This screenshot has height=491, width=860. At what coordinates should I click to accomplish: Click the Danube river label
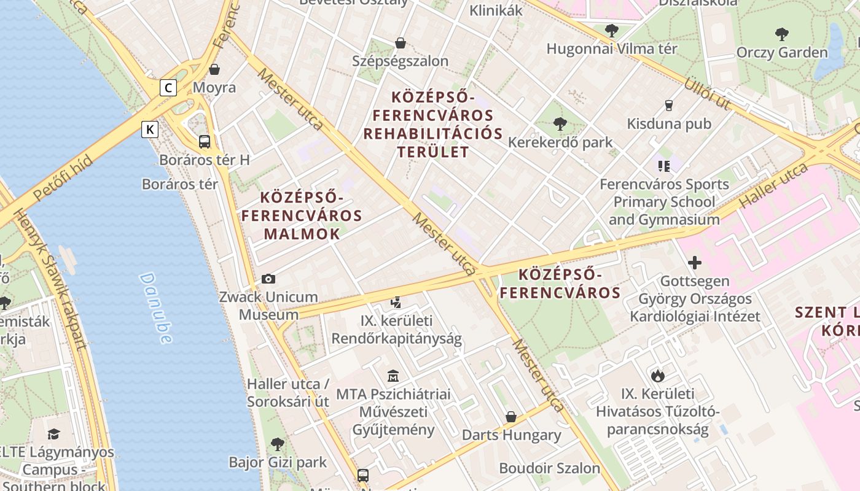tap(155, 307)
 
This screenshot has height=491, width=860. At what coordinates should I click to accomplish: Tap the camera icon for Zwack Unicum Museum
tap(268, 279)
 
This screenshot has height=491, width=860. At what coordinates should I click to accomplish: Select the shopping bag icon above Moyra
tap(214, 69)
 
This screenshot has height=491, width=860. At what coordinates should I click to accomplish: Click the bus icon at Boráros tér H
tap(205, 142)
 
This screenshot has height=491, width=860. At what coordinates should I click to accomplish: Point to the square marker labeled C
tap(168, 88)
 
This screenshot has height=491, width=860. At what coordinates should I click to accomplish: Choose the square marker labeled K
tap(150, 130)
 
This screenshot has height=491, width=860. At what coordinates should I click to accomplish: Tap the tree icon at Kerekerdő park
tap(560, 124)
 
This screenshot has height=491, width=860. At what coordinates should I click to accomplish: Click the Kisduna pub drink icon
tap(669, 106)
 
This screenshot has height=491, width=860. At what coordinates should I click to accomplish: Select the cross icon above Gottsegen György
tap(695, 263)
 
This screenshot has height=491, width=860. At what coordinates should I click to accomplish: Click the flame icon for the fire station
tap(657, 376)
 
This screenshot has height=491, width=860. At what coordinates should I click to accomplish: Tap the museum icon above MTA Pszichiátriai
tap(393, 376)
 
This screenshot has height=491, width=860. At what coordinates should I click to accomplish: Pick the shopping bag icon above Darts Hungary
tap(511, 417)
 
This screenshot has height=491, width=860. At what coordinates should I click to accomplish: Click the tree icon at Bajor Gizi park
tap(278, 444)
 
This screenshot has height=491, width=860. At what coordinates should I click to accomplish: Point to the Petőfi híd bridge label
tap(63, 178)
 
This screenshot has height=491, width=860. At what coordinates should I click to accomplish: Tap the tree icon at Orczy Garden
tap(781, 34)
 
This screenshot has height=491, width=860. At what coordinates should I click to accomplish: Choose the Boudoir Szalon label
tap(549, 468)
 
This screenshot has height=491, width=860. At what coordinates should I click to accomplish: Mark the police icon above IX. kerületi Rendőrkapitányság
tap(396, 302)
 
